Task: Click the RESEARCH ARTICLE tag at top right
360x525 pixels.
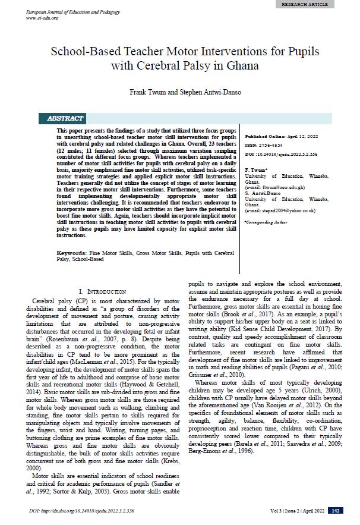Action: pyautogui.click(x=321, y=4)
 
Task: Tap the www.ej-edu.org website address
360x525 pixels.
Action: pyautogui.click(x=41, y=18)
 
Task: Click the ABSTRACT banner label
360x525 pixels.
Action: pyautogui.click(x=65, y=118)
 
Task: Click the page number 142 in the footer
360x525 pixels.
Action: pyautogui.click(x=336, y=511)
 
